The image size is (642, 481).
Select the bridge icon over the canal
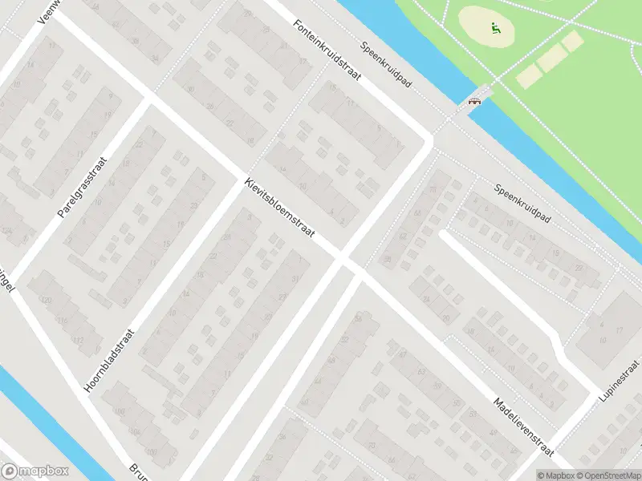[x=474, y=101]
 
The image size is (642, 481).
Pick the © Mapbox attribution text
[x=556, y=475]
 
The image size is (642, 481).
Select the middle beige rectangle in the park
[x=551, y=57]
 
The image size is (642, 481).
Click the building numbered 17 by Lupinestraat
[x=618, y=330]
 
